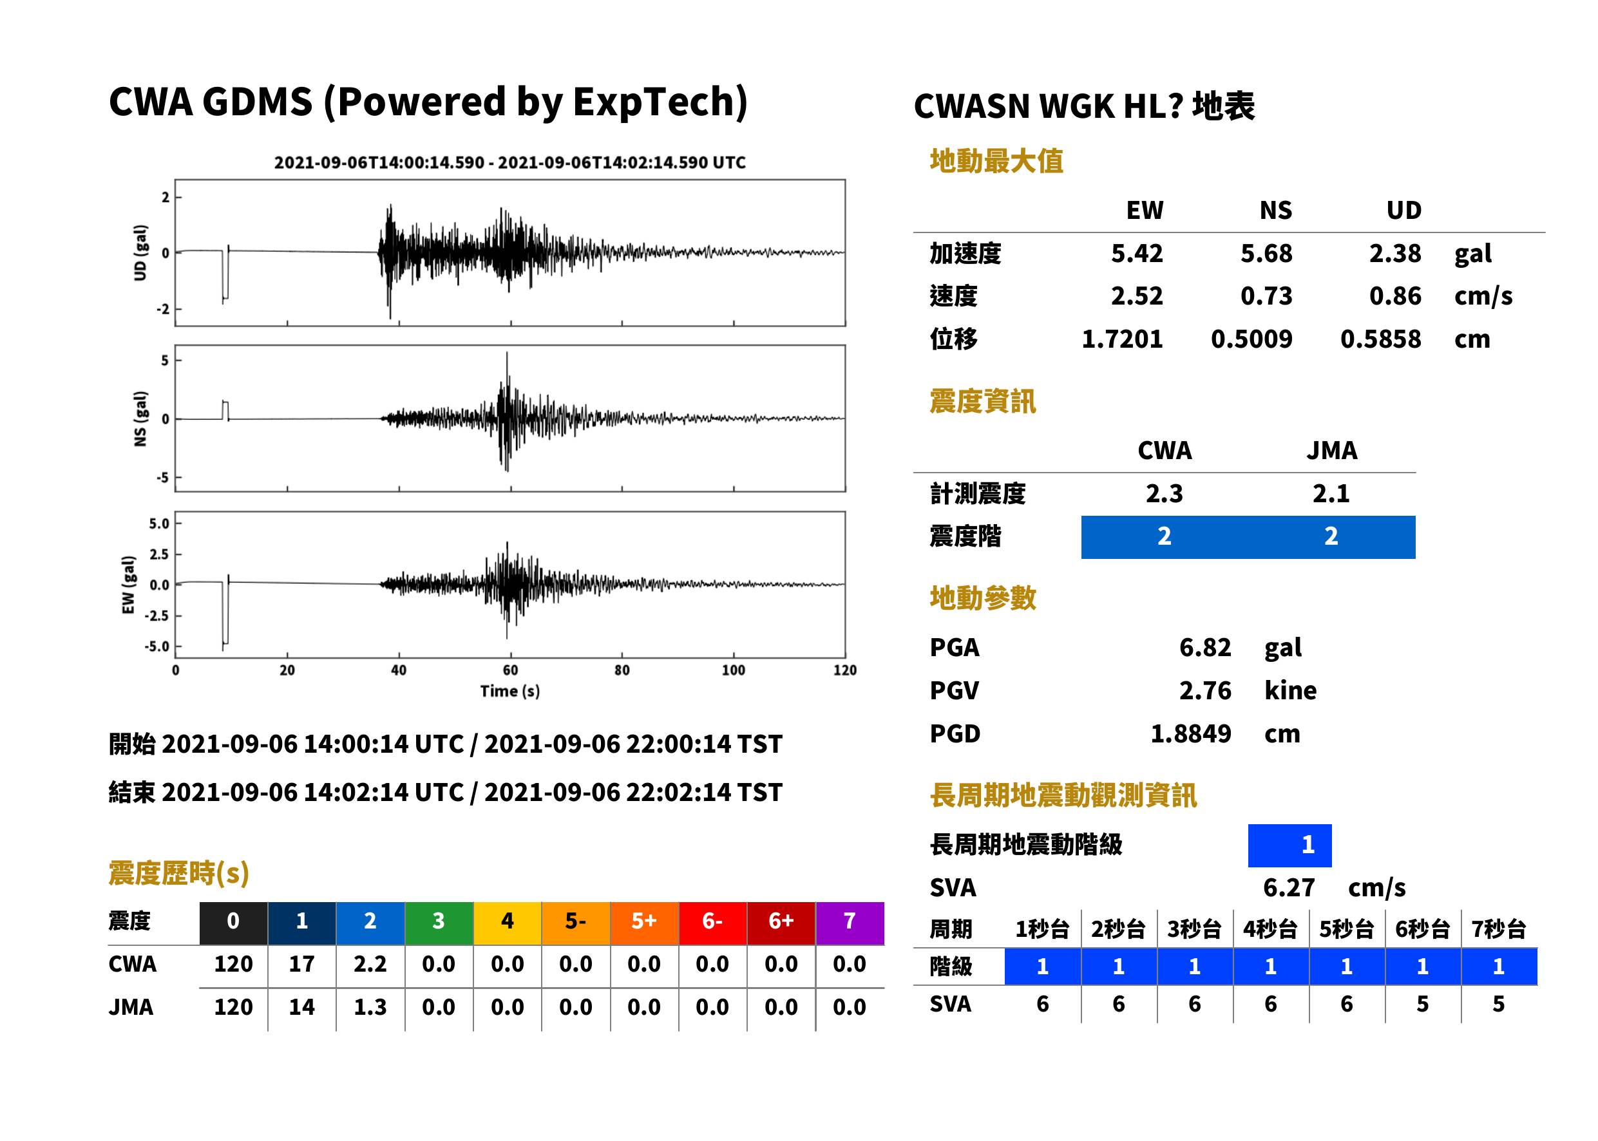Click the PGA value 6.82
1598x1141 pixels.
click(1204, 647)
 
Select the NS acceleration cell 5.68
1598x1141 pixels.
click(1266, 253)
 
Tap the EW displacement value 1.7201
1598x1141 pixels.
click(1121, 339)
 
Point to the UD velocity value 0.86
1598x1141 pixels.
click(1395, 296)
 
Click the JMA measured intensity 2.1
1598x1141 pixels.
click(1331, 493)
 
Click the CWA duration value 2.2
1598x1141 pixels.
click(370, 964)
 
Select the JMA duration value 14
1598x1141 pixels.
click(301, 1007)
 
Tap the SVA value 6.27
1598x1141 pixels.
click(1289, 887)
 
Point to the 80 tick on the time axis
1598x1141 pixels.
click(622, 670)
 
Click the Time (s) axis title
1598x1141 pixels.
click(510, 692)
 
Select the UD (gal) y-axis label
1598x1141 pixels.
click(140, 253)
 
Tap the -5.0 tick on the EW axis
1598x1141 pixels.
click(157, 646)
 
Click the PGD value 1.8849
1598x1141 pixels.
click(1190, 733)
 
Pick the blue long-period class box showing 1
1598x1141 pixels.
click(1289, 845)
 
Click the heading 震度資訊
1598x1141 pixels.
click(982, 401)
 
